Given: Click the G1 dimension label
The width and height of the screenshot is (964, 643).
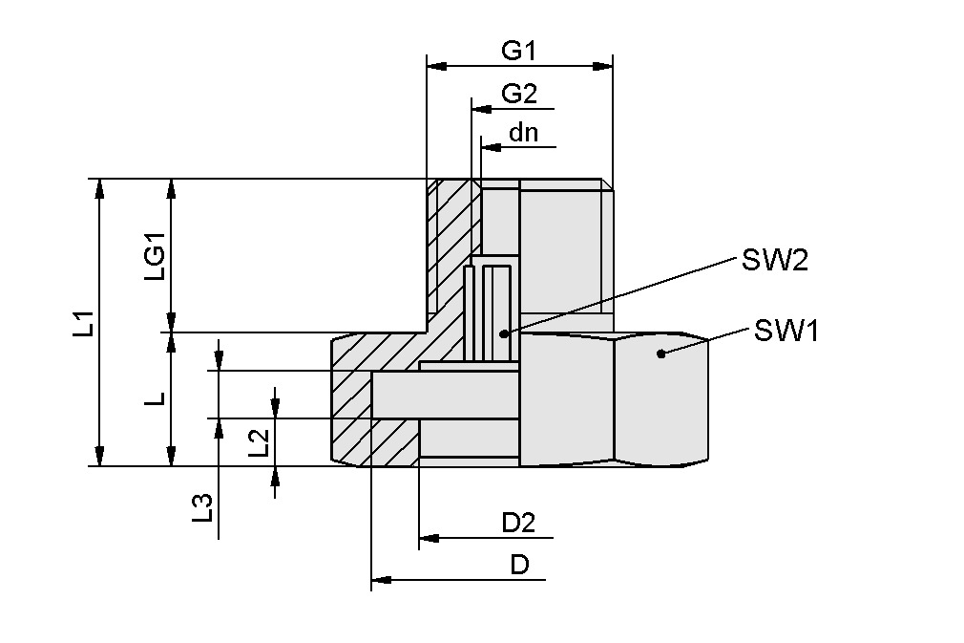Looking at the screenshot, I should tap(519, 52).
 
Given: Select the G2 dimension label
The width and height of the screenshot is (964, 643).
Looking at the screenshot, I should tap(519, 94).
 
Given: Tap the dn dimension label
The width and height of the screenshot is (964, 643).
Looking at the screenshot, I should tap(523, 133).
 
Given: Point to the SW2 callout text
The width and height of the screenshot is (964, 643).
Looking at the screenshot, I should tap(773, 260).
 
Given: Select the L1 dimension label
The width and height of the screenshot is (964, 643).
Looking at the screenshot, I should tap(84, 323).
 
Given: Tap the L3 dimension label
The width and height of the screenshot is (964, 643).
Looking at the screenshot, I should tap(201, 506).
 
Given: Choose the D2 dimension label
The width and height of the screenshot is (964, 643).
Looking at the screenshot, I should tap(518, 522).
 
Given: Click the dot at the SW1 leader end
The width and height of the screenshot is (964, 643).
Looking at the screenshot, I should tap(660, 354).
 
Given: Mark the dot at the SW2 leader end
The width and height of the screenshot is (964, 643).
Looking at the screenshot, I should tap(505, 333).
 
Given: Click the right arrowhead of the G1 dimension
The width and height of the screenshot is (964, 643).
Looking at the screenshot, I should tap(603, 66).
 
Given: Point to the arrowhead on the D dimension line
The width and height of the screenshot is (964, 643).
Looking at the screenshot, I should tap(380, 579).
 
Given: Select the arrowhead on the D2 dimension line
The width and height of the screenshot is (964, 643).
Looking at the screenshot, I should tap(428, 538).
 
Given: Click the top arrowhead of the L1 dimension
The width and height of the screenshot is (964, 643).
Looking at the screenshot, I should tap(99, 187).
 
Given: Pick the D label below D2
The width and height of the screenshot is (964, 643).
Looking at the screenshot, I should tap(519, 564).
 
